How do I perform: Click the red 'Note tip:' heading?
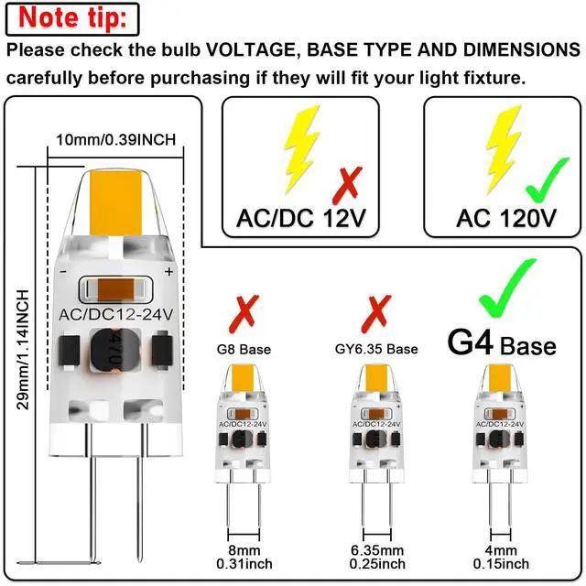coord(73,18)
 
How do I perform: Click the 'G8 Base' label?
coord(244,349)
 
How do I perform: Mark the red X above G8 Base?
coord(244,313)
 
